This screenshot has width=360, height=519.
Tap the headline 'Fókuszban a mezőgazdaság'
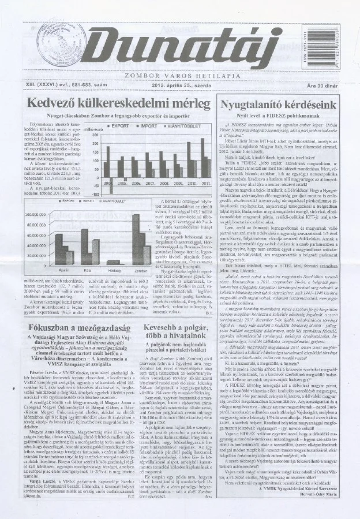(78, 327)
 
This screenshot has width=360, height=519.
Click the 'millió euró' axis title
(96, 129)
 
